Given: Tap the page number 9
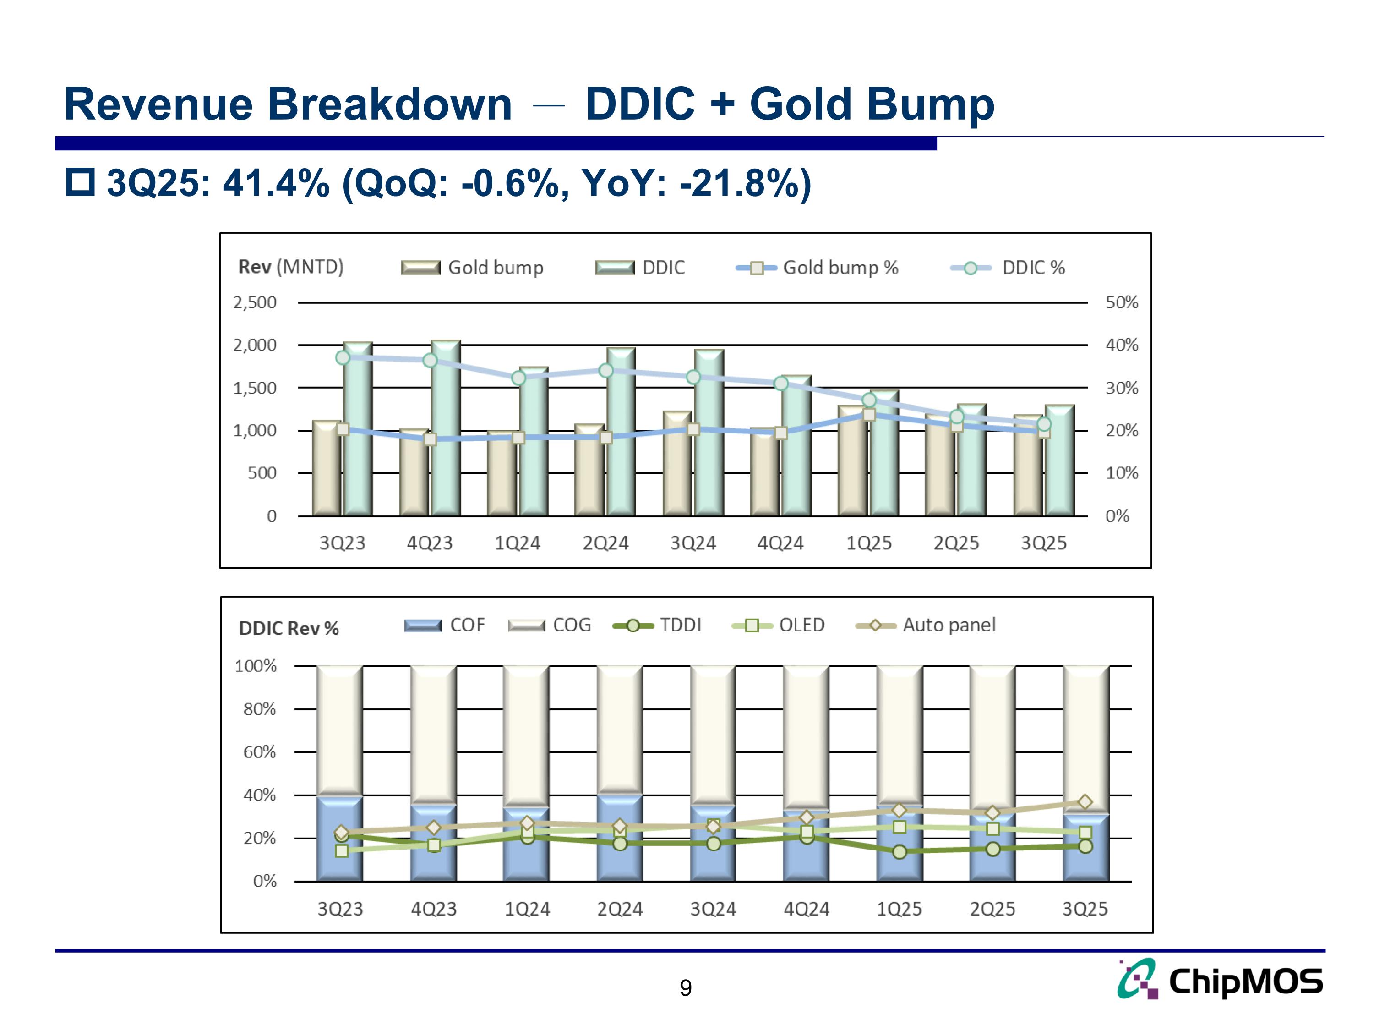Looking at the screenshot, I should pos(685,987).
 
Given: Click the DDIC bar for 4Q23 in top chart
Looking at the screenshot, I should pos(446,429).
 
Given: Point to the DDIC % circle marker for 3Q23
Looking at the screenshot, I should pos(342,357).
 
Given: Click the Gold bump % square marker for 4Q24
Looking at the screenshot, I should pos(781,433).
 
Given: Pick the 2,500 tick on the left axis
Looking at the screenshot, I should pos(255,302).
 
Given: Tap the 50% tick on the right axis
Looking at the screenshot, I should pos(1121,302).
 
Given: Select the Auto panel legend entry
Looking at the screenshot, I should pos(926,625).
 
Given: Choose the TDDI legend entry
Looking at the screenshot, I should pos(657,625).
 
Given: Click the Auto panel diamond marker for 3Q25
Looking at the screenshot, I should pos(1085,802).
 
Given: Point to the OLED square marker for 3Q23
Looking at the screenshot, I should pos(341,850).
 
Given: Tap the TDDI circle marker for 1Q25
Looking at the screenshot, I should pos(900,851).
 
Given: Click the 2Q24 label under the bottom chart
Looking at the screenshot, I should pos(619,909).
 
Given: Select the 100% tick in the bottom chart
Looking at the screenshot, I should pos(255,666).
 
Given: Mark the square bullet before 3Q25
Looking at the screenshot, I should pos(80,182).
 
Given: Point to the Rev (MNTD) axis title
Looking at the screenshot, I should pos(291,267).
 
